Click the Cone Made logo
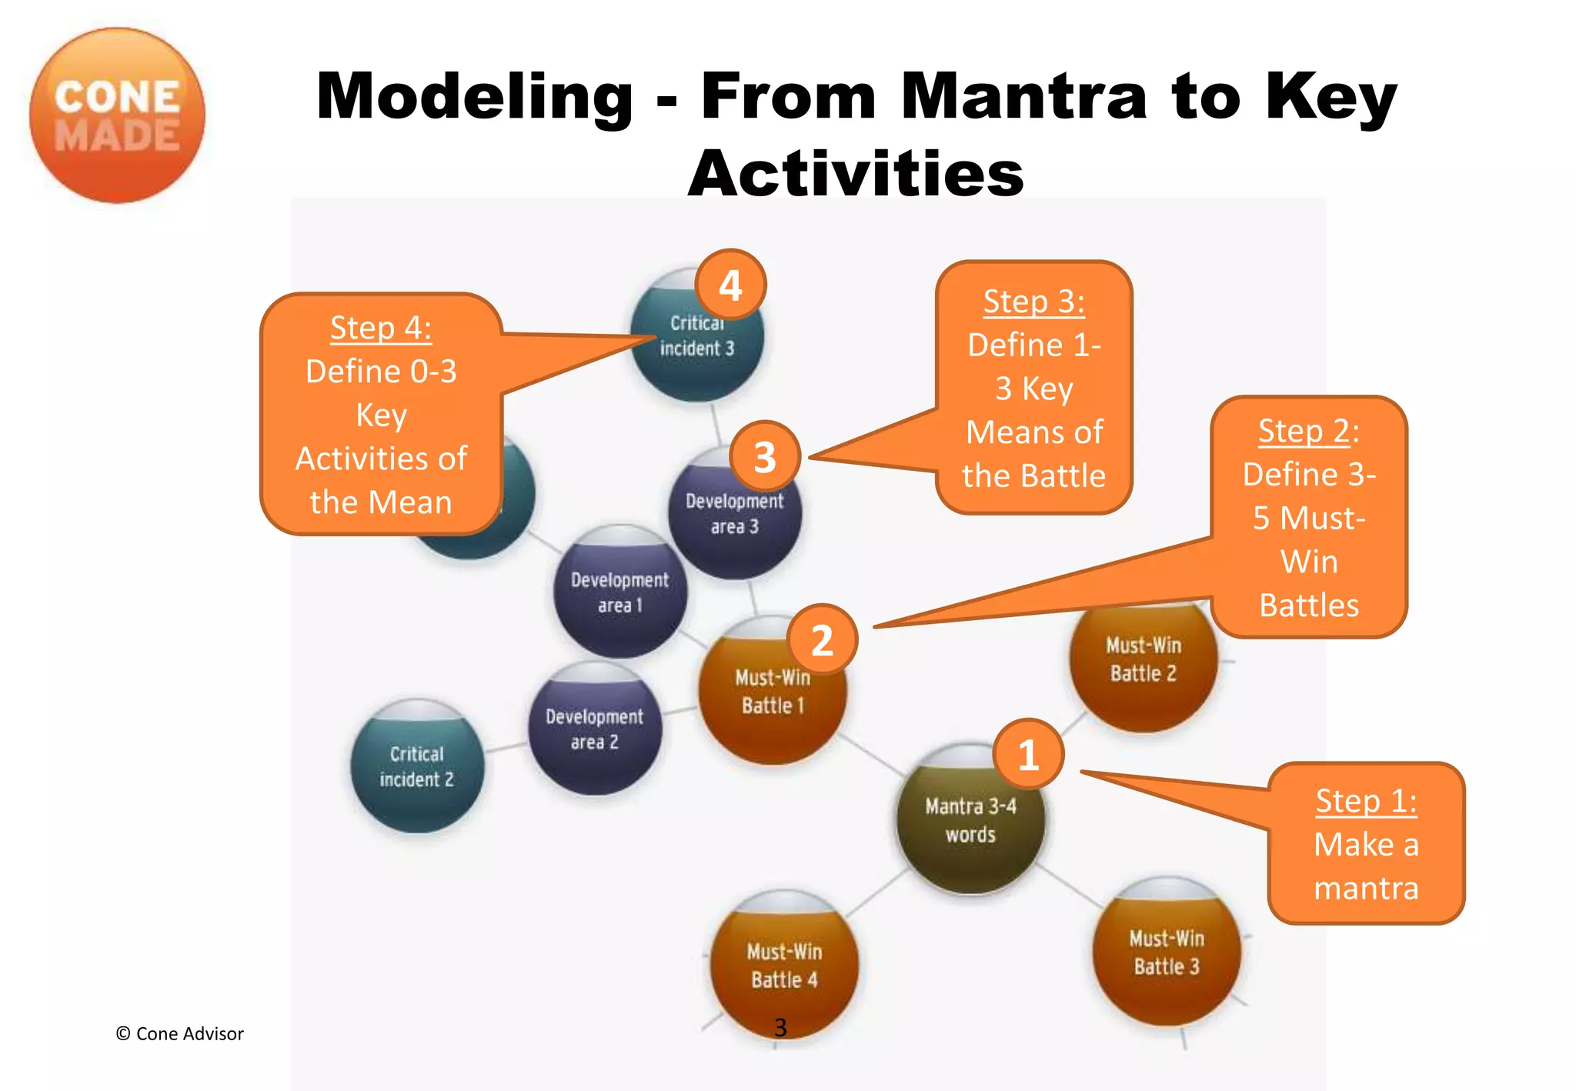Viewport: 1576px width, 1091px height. coord(117,115)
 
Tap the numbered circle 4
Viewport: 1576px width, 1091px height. coord(730,285)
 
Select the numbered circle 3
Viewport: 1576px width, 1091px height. coord(764,456)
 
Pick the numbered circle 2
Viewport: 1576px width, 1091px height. coord(822,640)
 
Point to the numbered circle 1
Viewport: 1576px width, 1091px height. coord(1028,755)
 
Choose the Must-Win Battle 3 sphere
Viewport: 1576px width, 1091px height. coord(1167,954)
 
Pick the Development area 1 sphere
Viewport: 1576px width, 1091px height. coord(619,593)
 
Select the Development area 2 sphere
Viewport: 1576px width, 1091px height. coord(594,730)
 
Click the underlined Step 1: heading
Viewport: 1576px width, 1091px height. coord(1366,801)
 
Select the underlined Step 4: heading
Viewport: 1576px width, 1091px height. coord(380,329)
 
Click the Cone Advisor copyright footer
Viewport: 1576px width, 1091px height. coord(179,1033)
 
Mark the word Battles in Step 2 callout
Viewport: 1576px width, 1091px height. coord(1308,606)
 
